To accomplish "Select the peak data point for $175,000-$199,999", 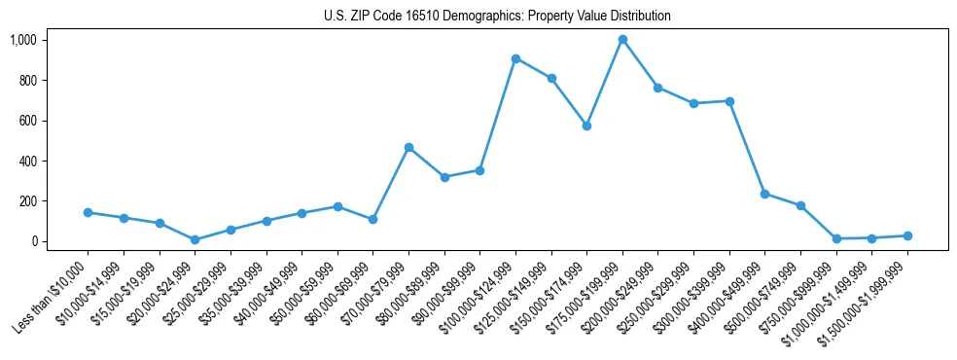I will pos(622,40).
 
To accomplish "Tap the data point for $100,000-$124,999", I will pos(515,58).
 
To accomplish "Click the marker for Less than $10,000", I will pos(88,212).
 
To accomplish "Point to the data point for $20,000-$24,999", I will pos(195,239).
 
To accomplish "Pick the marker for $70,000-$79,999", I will pos(408,147).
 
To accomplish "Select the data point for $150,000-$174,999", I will pos(586,126).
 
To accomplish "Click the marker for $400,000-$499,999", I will pos(764,194).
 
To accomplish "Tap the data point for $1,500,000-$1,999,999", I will pos(907,235).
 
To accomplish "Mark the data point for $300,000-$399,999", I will pos(729,101).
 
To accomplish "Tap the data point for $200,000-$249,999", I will pos(657,88).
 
